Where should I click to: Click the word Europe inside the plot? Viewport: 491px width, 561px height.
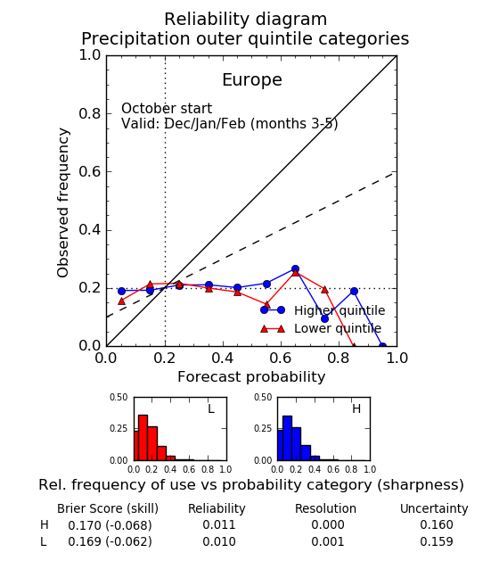pos(252,80)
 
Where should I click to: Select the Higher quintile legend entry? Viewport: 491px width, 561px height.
pos(323,310)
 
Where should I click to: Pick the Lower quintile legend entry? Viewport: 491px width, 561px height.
pos(321,328)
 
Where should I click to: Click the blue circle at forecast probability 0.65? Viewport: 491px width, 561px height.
pos(295,269)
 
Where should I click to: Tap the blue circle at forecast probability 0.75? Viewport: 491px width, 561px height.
pos(324,318)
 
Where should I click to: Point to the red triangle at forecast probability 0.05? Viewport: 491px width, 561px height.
pos(121,301)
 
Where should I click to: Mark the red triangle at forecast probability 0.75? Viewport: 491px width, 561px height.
pos(324,290)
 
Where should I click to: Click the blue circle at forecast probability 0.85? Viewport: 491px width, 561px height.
pos(354,292)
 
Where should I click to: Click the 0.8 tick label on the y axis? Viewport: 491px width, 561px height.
pos(90,114)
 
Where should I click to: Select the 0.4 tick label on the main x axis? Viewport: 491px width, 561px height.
pos(223,358)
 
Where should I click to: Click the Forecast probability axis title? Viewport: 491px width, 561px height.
pos(251,377)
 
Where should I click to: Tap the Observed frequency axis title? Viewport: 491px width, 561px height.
pos(62,202)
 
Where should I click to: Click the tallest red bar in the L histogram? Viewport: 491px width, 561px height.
pos(143,438)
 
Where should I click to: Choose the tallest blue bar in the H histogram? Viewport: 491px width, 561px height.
pos(287,438)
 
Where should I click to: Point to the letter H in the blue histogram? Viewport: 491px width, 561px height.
pos(356,408)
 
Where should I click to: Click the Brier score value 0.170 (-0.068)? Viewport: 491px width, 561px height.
pos(110,525)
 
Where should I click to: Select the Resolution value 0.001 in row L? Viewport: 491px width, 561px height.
pos(328,541)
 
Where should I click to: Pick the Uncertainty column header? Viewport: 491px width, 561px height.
pos(434,508)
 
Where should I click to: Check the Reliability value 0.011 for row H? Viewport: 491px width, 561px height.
pos(219,524)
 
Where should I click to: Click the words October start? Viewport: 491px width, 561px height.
pos(167,109)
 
